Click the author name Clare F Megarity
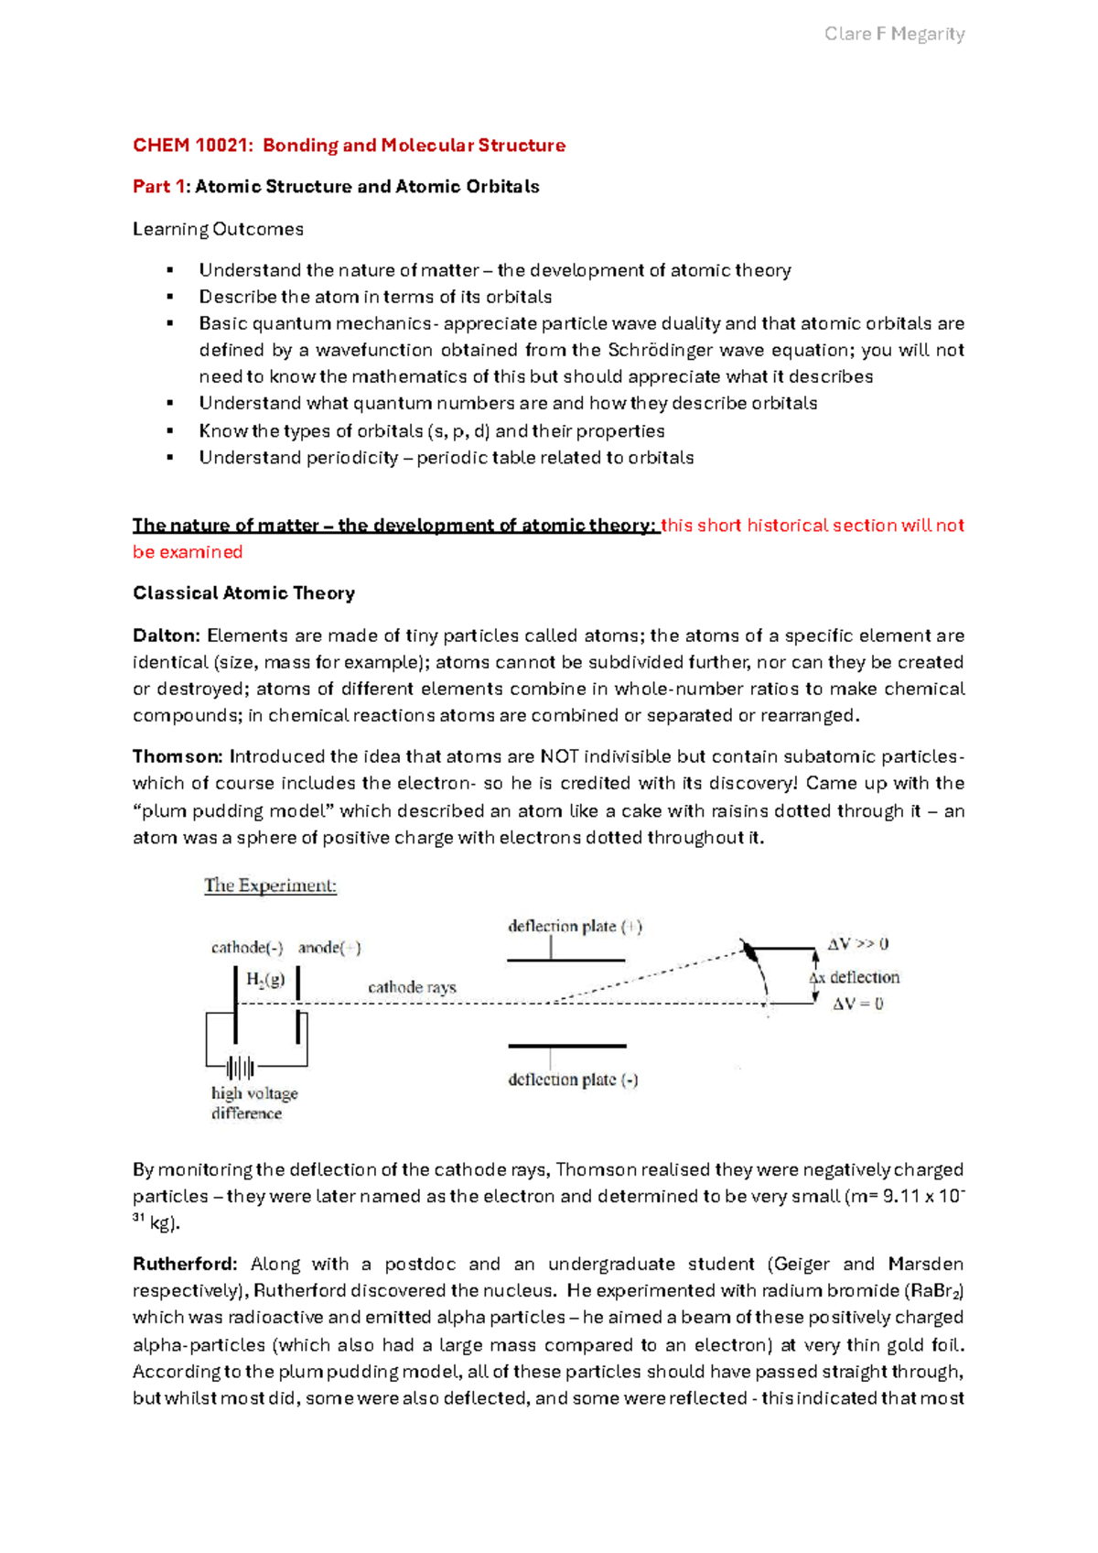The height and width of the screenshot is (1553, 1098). coord(894,34)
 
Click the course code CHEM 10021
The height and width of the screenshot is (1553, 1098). coord(190,146)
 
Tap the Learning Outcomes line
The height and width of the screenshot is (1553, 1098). coord(218,229)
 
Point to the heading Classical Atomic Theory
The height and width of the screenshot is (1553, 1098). coord(243,593)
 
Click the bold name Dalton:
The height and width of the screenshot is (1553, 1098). coord(167,635)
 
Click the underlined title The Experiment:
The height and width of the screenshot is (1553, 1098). coord(270,885)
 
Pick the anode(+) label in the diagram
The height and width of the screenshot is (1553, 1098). coord(329,948)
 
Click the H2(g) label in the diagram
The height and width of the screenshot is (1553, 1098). coord(265,979)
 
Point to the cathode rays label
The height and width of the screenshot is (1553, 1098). coord(412,987)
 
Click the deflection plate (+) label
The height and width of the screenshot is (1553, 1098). coord(575,927)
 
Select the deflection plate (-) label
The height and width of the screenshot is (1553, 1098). coord(573,1080)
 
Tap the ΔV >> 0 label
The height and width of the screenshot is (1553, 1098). coord(857,944)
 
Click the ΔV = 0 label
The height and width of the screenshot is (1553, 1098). coord(857,1004)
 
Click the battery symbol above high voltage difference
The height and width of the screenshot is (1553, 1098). coord(241,1068)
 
